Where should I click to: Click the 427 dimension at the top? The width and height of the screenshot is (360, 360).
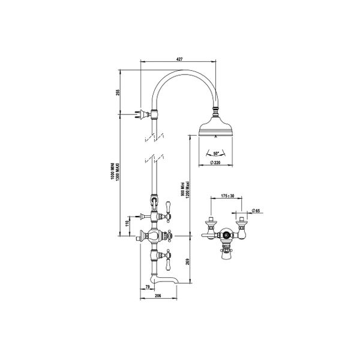click(x=179, y=59)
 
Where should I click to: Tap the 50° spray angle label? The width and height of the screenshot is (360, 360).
click(x=215, y=154)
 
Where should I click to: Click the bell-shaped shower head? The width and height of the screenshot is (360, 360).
click(x=216, y=127)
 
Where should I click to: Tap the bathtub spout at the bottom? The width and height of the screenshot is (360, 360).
click(x=168, y=280)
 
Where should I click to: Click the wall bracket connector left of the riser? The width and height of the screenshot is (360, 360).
click(x=143, y=112)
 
